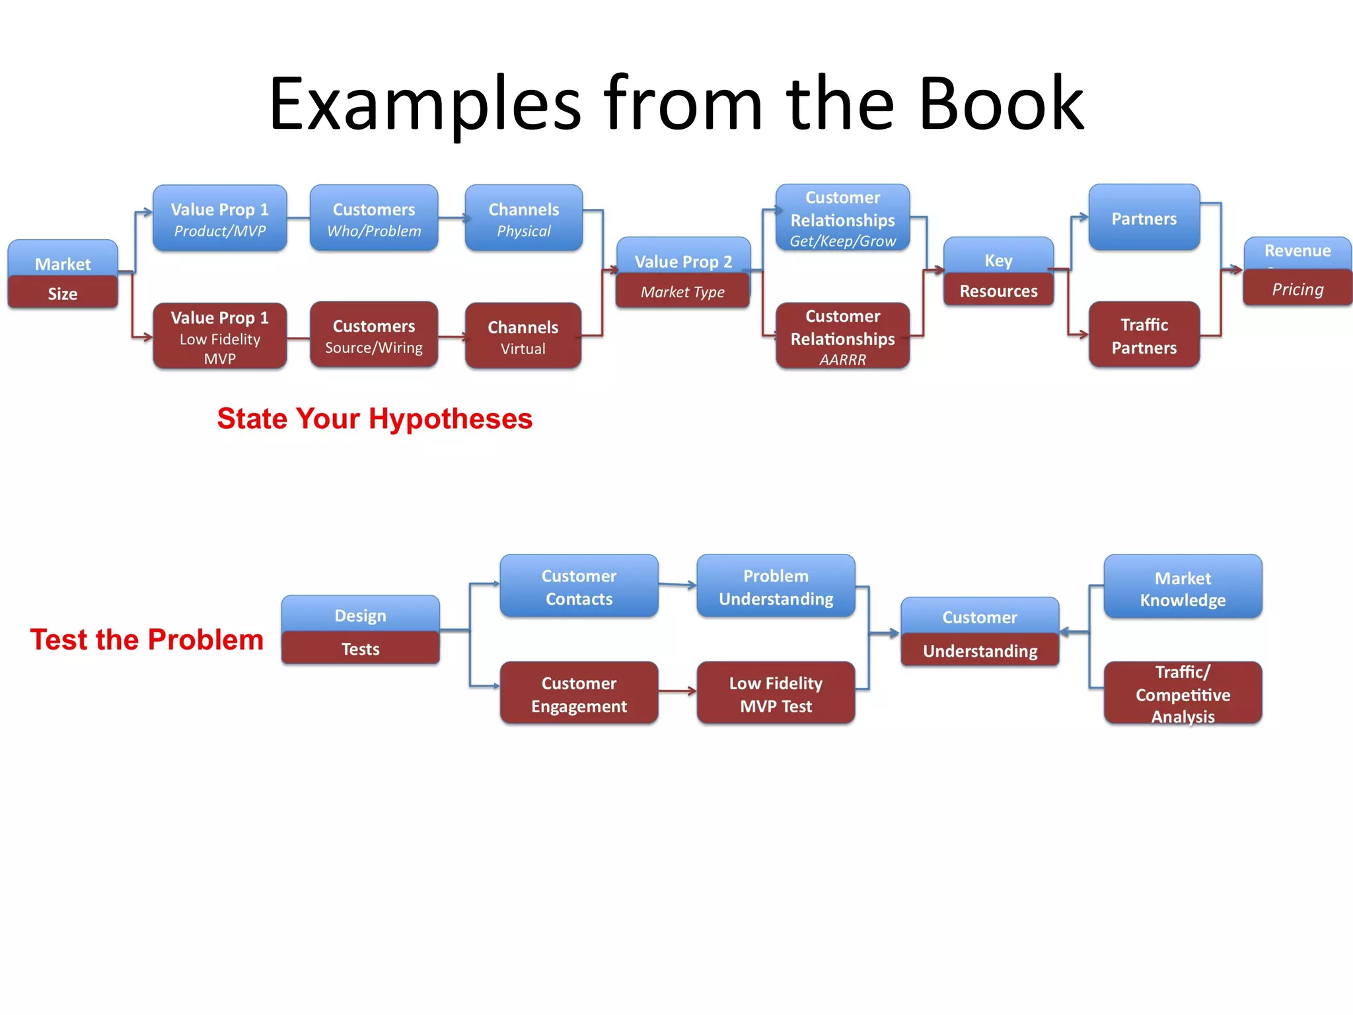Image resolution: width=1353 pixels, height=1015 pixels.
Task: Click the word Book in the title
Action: point(1001,104)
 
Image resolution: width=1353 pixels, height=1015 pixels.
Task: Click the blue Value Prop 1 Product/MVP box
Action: point(219,219)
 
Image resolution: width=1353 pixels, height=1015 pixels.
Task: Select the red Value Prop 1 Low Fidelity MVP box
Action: point(219,336)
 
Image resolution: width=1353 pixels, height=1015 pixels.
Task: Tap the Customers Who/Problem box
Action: point(374,219)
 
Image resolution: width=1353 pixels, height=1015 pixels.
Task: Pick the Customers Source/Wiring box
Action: point(374,336)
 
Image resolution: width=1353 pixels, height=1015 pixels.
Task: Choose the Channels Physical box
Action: point(523,219)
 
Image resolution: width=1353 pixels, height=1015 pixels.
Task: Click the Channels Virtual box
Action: point(523,336)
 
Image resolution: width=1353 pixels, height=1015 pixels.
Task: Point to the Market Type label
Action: point(682,292)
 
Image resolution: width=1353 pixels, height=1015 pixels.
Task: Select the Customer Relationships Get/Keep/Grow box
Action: point(842,218)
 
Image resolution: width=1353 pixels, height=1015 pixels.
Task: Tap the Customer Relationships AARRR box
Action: point(842,336)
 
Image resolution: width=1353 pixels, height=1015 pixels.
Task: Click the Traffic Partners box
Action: point(1144,335)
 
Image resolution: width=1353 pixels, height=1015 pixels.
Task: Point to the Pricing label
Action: point(1298,289)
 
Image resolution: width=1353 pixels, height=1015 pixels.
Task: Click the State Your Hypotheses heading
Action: point(375,419)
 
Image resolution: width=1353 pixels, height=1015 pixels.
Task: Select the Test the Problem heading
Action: point(147,640)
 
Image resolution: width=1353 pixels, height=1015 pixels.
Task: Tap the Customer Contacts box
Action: point(579,587)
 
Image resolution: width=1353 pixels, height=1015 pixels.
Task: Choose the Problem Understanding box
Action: point(776,587)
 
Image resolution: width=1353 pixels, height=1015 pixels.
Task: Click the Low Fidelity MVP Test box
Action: point(776,694)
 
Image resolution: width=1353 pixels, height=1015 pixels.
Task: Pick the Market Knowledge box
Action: point(1183,588)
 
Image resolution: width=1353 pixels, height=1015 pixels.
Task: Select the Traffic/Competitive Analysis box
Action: point(1183,694)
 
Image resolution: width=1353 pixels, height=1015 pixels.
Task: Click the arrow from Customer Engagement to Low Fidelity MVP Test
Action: point(677,691)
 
